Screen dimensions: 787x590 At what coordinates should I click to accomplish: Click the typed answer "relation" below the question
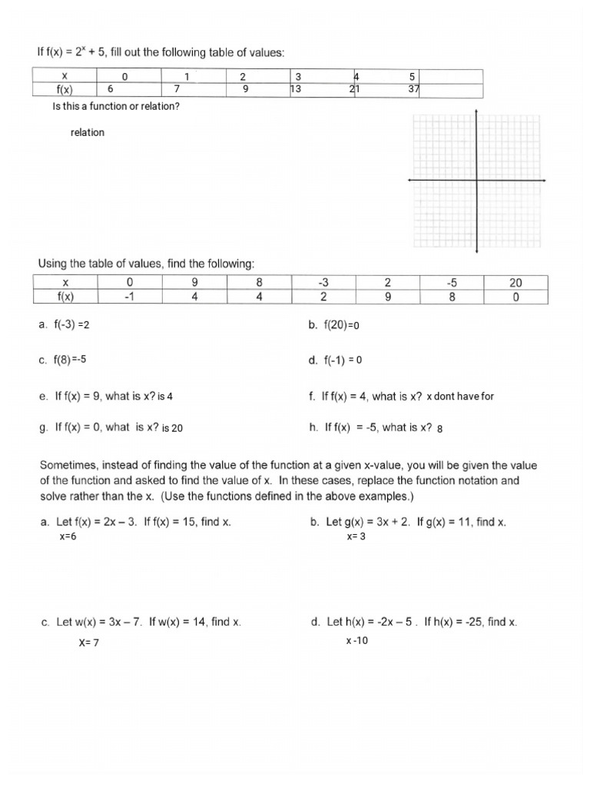point(87,132)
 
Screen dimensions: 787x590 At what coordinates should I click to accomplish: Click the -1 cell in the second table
point(129,296)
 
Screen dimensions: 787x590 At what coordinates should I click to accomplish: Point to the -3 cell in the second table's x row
point(323,282)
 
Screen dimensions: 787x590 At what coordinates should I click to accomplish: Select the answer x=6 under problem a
point(68,536)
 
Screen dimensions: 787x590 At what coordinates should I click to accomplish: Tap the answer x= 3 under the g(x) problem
point(356,536)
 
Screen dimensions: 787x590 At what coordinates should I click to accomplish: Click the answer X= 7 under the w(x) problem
point(88,643)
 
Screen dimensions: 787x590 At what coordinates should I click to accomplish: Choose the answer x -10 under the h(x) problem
point(356,641)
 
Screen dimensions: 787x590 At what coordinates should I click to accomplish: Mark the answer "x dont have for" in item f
point(460,397)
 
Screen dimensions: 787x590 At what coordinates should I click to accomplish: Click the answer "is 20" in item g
point(172,429)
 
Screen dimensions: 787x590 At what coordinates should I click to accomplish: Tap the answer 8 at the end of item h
point(439,429)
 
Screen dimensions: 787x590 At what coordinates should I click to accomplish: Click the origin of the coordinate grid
point(477,180)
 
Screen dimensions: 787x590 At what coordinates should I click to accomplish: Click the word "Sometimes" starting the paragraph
point(70,466)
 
